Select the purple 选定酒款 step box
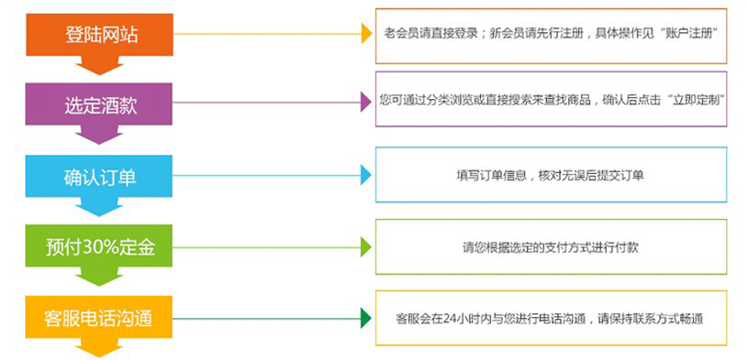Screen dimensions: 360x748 tap(102, 106)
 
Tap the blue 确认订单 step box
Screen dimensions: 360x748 tap(102, 177)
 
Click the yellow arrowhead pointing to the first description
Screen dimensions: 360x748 tap(366, 35)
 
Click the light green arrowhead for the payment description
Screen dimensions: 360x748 tap(366, 246)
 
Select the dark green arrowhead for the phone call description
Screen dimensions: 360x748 tap(366, 317)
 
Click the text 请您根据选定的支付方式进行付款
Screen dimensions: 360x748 tap(551, 246)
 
